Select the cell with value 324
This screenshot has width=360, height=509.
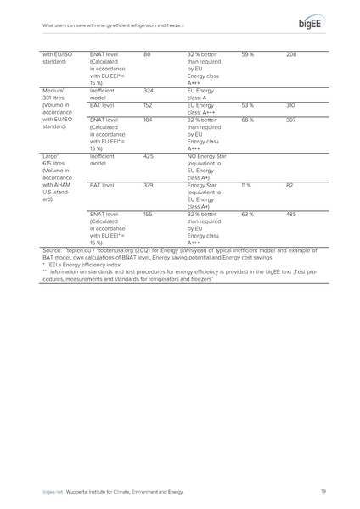tap(149, 89)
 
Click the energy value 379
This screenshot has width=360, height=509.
tap(149, 184)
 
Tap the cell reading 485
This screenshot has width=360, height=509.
tap(292, 215)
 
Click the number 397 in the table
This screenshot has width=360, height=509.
tap(292, 121)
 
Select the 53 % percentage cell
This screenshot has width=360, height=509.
tap(247, 105)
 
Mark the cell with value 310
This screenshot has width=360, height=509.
tap(292, 105)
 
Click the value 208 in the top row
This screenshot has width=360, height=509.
tap(292, 55)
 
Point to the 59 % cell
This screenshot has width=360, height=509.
tap(247, 55)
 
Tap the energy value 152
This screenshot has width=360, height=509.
tap(149, 105)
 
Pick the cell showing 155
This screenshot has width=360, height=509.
tap(149, 215)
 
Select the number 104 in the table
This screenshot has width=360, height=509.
tap(149, 121)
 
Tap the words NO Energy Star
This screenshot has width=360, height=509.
tap(206, 155)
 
